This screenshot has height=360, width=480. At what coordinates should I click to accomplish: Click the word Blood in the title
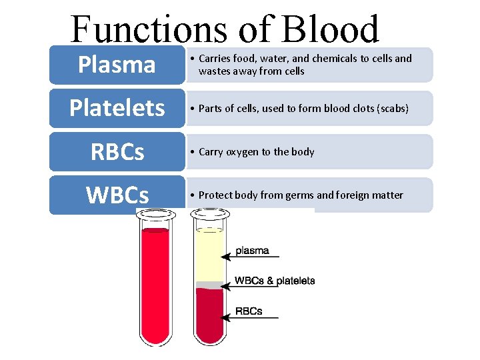(x=331, y=30)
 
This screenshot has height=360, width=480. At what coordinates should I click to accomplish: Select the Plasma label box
(x=117, y=65)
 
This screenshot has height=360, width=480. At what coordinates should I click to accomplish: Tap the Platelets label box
(x=117, y=108)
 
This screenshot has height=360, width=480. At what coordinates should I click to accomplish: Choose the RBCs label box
(x=117, y=152)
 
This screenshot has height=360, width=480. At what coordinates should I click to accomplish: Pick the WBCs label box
(x=117, y=195)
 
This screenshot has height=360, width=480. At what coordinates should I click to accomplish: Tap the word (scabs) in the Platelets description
(x=389, y=108)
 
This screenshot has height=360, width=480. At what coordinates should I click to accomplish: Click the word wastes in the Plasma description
(x=213, y=71)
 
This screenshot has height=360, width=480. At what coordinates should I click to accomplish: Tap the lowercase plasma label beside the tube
(x=253, y=251)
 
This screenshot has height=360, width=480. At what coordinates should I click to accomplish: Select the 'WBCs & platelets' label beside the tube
(x=275, y=281)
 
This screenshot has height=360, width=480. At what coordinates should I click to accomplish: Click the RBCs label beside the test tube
(x=249, y=311)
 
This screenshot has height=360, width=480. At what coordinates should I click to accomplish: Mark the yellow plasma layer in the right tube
(x=209, y=257)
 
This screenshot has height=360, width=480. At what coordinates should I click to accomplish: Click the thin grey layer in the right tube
(x=209, y=285)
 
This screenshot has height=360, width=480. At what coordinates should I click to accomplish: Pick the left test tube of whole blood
(x=155, y=280)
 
